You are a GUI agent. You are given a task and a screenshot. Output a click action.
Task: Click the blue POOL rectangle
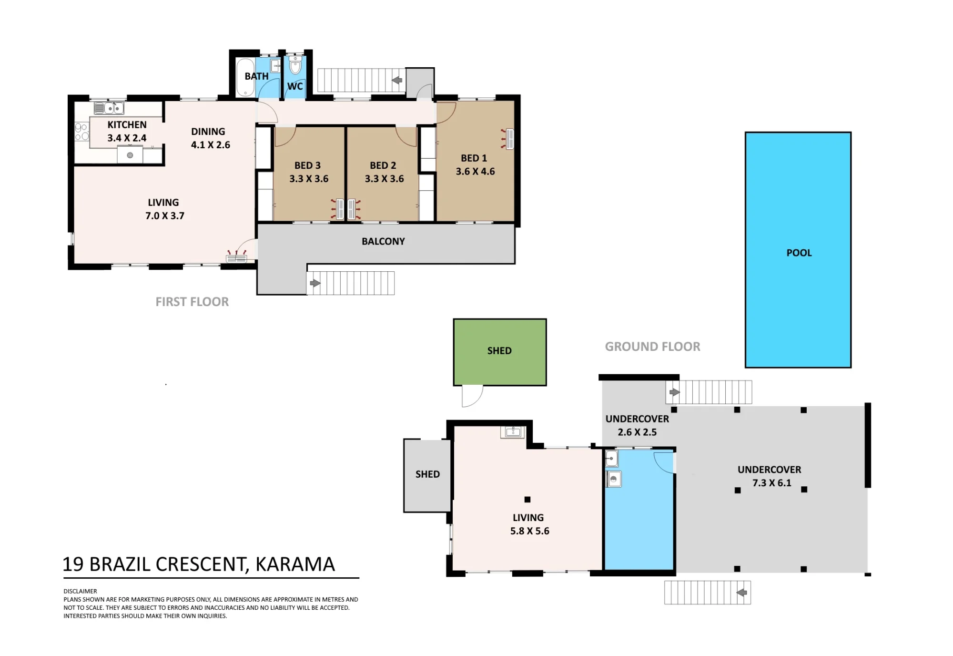pyautogui.click(x=798, y=250)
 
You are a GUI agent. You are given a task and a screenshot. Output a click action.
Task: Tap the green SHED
pyautogui.click(x=500, y=352)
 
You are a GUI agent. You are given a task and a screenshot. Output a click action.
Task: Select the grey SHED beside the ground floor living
pyautogui.click(x=427, y=475)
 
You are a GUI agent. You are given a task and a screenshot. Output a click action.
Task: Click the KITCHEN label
pyautogui.click(x=127, y=125)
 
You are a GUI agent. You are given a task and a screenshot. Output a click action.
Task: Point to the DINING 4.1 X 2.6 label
pyautogui.click(x=210, y=138)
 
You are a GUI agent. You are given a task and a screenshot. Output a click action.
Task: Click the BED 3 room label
pyautogui.click(x=307, y=165)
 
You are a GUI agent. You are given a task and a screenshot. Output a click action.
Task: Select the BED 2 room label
pyautogui.click(x=383, y=165)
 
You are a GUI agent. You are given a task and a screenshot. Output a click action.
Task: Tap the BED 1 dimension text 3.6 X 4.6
pyautogui.click(x=475, y=172)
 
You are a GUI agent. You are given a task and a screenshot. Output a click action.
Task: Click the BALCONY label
pyautogui.click(x=383, y=241)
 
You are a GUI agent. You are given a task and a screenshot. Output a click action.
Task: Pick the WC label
pyautogui.click(x=295, y=86)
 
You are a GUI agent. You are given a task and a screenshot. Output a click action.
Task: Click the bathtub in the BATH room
pyautogui.click(x=245, y=77)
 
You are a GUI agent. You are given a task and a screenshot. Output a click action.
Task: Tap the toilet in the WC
pyautogui.click(x=295, y=65)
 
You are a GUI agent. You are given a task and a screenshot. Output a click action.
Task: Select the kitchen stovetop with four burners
pyautogui.click(x=81, y=132)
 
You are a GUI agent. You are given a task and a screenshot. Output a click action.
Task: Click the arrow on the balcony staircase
pyautogui.click(x=315, y=283)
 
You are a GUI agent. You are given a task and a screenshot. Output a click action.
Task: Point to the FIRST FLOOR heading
pyautogui.click(x=192, y=302)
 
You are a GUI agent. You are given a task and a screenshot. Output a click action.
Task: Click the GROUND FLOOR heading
pyautogui.click(x=652, y=347)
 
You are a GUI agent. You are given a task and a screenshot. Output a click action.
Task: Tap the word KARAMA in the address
pyautogui.click(x=295, y=564)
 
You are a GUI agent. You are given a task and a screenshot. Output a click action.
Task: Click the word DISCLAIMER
pyautogui.click(x=80, y=591)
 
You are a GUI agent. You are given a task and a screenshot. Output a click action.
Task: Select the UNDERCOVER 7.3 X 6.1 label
pyautogui.click(x=770, y=476)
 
